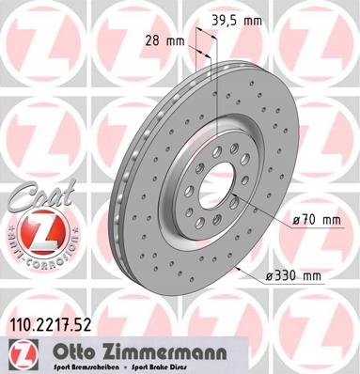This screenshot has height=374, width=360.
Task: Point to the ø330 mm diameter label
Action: coord(295,274)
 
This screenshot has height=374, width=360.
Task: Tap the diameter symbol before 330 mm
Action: coord(271,274)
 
